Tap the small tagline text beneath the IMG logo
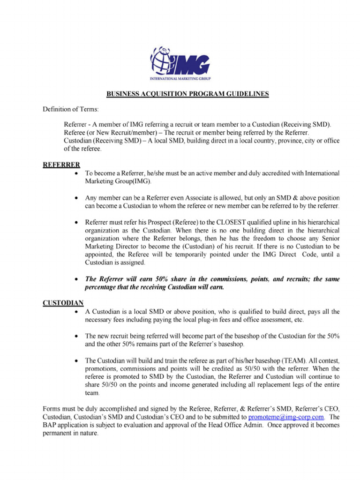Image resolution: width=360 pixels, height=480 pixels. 180,78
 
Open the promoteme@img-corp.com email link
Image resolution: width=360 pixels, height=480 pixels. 286,416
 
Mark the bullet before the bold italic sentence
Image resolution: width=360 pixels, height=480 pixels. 76,279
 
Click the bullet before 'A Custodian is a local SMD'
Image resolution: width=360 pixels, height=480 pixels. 76,312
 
